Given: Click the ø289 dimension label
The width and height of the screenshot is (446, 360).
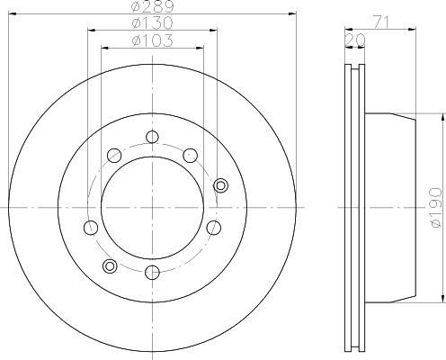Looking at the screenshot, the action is coord(152,6).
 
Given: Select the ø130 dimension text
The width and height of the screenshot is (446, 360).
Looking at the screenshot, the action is coord(152,22).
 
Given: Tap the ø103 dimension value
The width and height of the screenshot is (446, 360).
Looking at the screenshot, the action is coord(152,40).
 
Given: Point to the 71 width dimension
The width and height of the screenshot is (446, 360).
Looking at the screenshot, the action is coord(380,22).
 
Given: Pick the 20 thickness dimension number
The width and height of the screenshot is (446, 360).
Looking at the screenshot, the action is coord(355,40).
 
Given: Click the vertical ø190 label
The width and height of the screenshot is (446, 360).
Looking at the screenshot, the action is coord(436,208).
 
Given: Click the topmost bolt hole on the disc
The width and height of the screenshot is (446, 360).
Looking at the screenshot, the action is coord(152,137).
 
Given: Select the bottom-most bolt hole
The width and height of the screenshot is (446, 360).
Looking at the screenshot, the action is coord(152,272).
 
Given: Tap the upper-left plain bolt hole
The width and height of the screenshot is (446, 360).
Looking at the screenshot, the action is coord(114,156).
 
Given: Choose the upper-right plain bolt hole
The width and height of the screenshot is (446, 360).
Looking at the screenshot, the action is coord(191,156).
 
